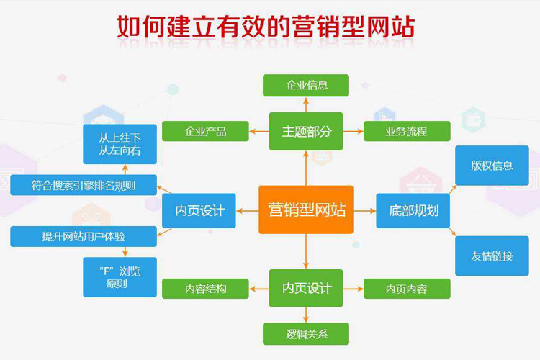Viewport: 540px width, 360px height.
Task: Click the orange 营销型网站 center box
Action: coord(306,210)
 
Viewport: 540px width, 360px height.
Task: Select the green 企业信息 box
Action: coord(306,85)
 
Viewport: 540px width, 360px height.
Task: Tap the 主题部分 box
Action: coord(306,131)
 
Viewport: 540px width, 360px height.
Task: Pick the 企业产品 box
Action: coord(205,131)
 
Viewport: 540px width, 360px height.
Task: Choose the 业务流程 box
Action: coord(407,131)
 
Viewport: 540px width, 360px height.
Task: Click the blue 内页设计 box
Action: coord(199,210)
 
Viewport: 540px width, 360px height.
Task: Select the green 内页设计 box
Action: coord(306,288)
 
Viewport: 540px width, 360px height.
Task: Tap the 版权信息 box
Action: coord(492,166)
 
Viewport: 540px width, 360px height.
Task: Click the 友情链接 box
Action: coord(492,256)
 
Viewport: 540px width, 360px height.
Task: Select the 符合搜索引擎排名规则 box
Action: coord(84,185)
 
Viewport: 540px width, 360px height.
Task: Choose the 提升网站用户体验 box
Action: coord(84,235)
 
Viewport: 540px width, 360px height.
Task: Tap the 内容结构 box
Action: coord(205,289)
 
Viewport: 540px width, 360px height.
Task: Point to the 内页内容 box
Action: coord(407,289)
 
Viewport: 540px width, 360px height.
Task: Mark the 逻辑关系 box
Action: coord(306,333)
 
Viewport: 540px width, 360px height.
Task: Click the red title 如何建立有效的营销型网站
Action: coord(266,27)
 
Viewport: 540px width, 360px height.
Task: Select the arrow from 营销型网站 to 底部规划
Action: coord(364,210)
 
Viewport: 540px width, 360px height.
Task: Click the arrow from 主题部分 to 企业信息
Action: coord(306,104)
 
